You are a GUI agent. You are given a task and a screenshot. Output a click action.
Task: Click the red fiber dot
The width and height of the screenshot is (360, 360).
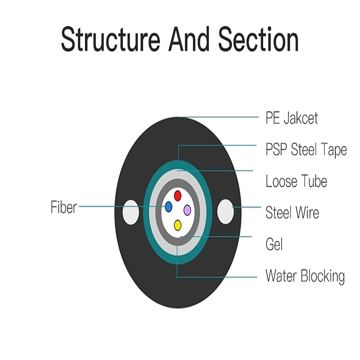[177, 196]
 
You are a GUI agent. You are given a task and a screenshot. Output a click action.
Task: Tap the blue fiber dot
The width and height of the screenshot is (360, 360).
[168, 207]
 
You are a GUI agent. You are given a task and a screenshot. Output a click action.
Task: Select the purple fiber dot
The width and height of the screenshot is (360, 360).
[187, 210]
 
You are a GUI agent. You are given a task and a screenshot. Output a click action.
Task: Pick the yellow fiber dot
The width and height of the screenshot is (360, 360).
[177, 225]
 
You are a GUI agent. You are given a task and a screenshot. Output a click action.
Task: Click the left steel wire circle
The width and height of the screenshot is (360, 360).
[130, 212]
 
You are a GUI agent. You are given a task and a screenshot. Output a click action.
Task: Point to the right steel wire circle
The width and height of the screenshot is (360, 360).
[226, 211]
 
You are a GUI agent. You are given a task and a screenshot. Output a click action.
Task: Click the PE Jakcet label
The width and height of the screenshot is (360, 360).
[292, 118]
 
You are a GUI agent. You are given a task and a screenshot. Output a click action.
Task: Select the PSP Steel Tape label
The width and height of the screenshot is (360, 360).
[306, 150]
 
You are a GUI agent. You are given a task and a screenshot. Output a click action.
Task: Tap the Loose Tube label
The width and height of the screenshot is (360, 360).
[296, 181]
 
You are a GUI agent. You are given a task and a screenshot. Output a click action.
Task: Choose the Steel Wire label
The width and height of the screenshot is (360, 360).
[292, 212]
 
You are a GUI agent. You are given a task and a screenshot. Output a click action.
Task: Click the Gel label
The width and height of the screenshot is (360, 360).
[274, 244]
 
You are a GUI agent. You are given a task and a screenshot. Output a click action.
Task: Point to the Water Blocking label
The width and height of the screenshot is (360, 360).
[305, 276]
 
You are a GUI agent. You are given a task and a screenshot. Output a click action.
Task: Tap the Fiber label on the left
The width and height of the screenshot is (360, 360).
[64, 207]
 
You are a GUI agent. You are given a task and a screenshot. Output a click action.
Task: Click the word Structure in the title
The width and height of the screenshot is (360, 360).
[110, 40]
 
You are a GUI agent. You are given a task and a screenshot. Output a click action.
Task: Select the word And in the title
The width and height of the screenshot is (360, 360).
[189, 39]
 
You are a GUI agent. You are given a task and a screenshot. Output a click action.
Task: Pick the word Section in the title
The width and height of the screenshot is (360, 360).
[258, 39]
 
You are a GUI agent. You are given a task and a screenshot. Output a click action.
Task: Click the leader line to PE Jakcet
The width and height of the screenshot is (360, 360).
[218, 117]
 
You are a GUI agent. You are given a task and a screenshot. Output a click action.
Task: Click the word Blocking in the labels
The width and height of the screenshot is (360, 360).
[323, 276]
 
